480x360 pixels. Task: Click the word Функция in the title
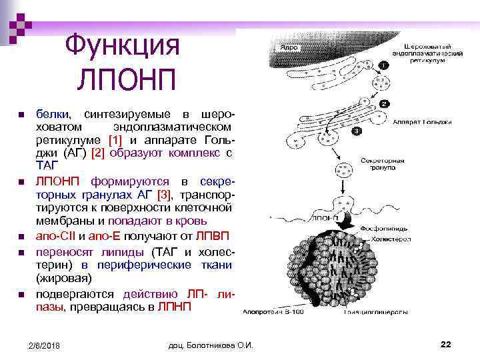click(x=123, y=47)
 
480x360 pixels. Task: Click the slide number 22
click(x=446, y=343)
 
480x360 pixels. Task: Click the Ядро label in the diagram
click(x=289, y=48)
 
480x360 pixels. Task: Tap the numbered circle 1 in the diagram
click(x=383, y=65)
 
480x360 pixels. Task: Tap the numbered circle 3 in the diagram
click(x=357, y=132)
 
